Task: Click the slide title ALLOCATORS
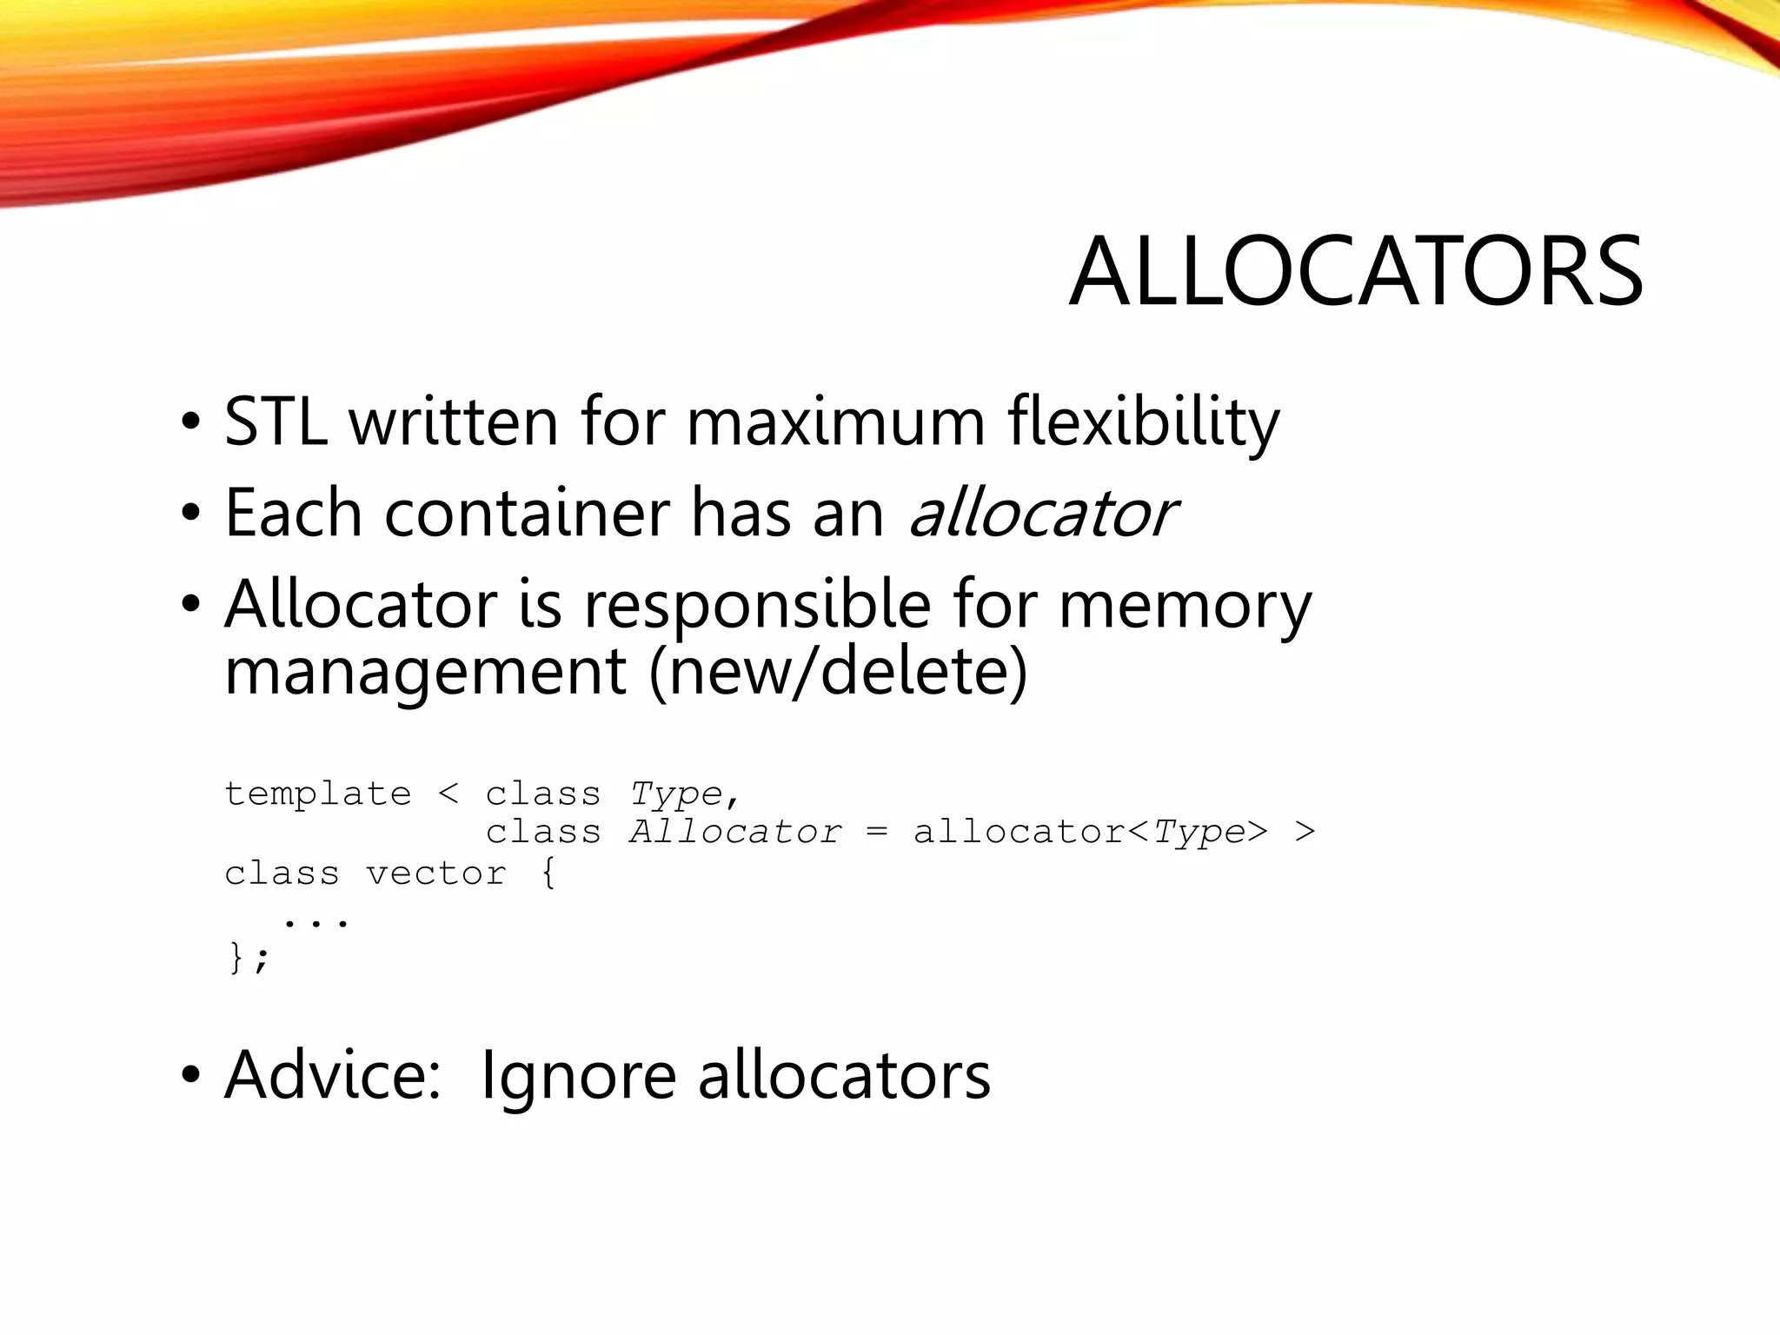pyautogui.click(x=1355, y=272)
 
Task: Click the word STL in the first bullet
pyautogui.click(x=276, y=422)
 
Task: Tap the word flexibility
pyautogui.click(x=1143, y=422)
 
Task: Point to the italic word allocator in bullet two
pyautogui.click(x=1041, y=514)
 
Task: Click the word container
pyautogui.click(x=527, y=514)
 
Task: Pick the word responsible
pyautogui.click(x=757, y=605)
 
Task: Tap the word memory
pyautogui.click(x=1185, y=605)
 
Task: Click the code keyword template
pyautogui.click(x=317, y=794)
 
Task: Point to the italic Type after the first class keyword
pyautogui.click(x=676, y=794)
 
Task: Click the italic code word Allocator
pyautogui.click(x=735, y=833)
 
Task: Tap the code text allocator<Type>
pyautogui.click(x=1090, y=833)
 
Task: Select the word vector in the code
pyautogui.click(x=435, y=873)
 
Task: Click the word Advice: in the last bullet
pyautogui.click(x=333, y=1076)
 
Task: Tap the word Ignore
pyautogui.click(x=578, y=1076)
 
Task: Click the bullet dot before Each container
pyautogui.click(x=190, y=514)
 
